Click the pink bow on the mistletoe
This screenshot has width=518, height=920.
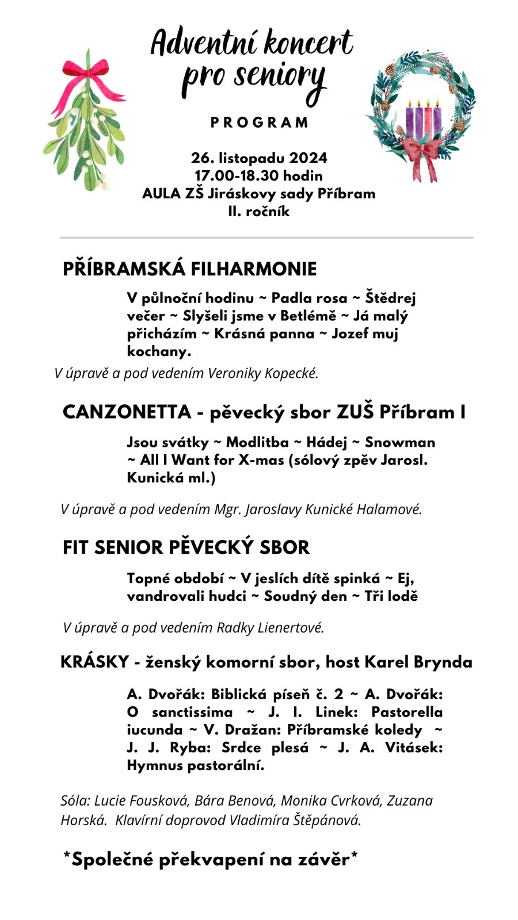pos(89,72)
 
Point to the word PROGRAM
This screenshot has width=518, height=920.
pos(259,122)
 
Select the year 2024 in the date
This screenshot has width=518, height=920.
pos(308,158)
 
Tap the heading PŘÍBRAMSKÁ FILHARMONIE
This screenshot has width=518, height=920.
pos(189,269)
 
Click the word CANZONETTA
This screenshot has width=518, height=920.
pos(127,412)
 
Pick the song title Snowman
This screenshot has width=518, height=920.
pos(400,442)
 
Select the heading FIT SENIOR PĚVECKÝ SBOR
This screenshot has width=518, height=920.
pos(186,547)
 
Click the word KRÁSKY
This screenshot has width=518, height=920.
pos(94,662)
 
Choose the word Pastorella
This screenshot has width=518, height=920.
pos(406,712)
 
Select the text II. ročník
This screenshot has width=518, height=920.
pos(258,212)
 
